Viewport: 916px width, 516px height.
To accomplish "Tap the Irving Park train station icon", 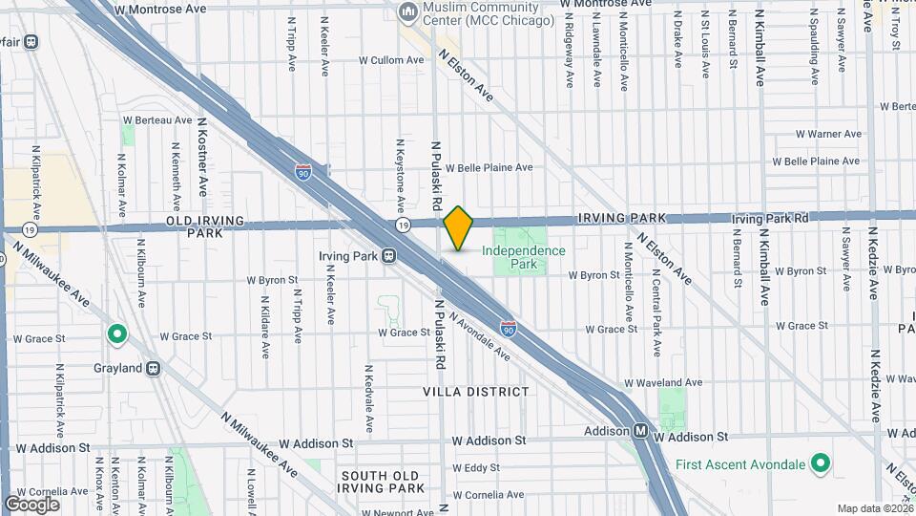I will pos(389,256).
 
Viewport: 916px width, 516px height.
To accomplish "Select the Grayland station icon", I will pos(153,368).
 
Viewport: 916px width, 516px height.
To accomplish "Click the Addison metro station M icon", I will pos(642,431).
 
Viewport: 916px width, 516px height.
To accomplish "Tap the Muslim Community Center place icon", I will pos(408,12).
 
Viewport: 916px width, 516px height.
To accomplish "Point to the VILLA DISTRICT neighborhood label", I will pos(475,392).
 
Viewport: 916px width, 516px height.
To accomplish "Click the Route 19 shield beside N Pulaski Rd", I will pos(404,225).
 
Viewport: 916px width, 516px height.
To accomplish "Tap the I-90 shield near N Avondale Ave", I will pos(509,329).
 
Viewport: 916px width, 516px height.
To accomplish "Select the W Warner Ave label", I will pos(806,134).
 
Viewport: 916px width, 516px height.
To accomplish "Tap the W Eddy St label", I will pos(475,468).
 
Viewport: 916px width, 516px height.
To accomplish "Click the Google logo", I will pos(31,504).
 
